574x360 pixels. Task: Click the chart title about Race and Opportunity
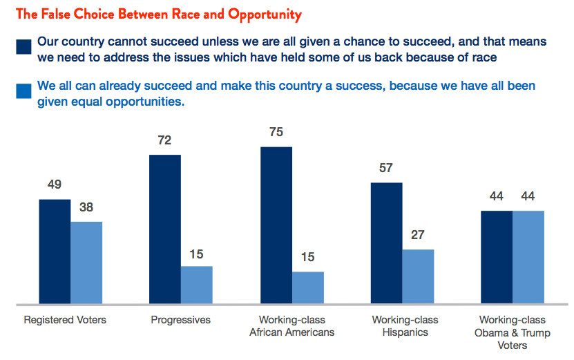tap(158, 15)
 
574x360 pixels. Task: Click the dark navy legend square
tap(23, 47)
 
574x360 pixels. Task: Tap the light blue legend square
tap(23, 91)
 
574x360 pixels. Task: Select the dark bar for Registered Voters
tap(55, 252)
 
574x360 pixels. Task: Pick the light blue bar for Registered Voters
tap(86, 263)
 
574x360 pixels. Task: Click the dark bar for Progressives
tap(165, 229)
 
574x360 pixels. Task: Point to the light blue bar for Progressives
tap(197, 285)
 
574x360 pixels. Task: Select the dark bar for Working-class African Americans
tap(276, 225)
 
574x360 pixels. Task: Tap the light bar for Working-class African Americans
tap(308, 287)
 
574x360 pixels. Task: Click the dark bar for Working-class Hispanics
tap(387, 243)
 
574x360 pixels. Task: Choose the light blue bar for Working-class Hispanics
tap(418, 276)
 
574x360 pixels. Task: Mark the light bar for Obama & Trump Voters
tap(528, 257)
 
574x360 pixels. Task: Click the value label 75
tap(276, 132)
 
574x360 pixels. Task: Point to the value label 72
tap(164, 140)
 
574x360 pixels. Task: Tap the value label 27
tap(418, 235)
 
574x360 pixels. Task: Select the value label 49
tap(55, 184)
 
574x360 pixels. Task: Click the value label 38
tap(86, 207)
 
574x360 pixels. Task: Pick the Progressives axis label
tap(181, 320)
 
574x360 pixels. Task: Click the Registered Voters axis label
tap(65, 320)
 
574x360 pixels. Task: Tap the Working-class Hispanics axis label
tap(405, 326)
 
